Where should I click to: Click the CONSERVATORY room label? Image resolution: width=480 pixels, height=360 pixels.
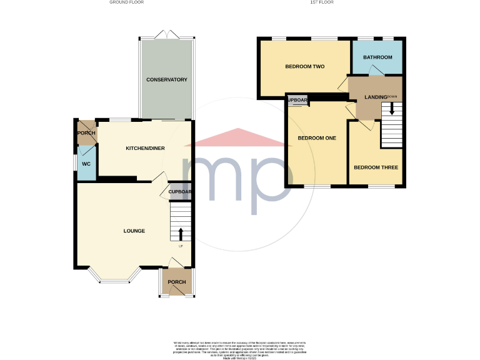[x=167, y=80]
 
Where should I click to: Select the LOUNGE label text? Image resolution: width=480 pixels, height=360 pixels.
[x=134, y=231]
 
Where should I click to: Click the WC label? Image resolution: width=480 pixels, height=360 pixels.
[x=87, y=164]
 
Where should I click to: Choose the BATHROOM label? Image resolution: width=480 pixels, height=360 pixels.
[x=377, y=57]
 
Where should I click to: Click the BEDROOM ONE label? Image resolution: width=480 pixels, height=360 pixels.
[x=317, y=138]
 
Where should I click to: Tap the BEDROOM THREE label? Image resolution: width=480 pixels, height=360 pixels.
[x=376, y=167]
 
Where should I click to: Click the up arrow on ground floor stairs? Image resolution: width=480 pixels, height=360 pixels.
[x=181, y=234]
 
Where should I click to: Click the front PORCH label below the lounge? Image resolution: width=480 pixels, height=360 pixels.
[x=177, y=282]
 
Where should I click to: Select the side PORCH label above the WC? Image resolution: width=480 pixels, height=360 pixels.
[x=86, y=134]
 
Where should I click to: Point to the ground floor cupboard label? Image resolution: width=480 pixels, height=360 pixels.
[x=179, y=192]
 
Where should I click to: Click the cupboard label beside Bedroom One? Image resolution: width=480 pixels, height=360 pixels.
[x=297, y=101]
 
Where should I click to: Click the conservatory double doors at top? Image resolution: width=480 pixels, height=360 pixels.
[x=166, y=34]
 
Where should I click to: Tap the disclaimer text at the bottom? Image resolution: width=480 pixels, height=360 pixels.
[x=239, y=348]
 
